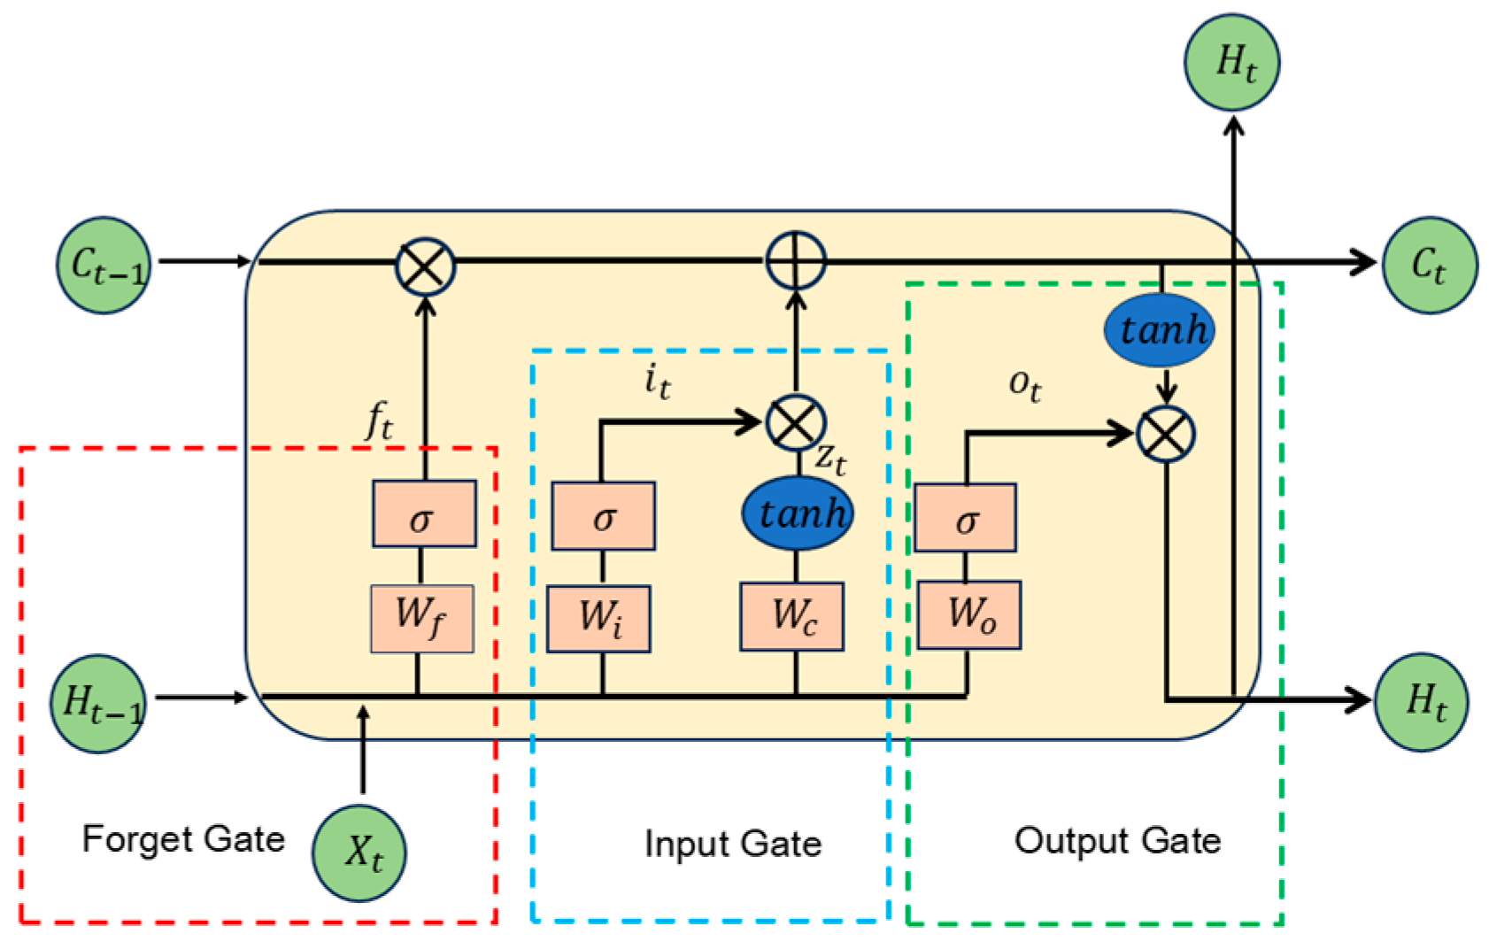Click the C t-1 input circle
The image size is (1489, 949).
(x=104, y=265)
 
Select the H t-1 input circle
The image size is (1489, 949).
(x=98, y=704)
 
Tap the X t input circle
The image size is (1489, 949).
(x=359, y=853)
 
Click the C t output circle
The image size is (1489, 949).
(x=1431, y=265)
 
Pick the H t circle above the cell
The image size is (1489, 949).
(x=1231, y=62)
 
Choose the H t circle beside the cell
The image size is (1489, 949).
(x=1422, y=702)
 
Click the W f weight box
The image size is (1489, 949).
(x=422, y=619)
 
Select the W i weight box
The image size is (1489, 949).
(x=599, y=619)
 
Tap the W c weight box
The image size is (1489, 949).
(x=792, y=617)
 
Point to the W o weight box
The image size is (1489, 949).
(x=970, y=615)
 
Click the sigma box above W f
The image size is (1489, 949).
(x=424, y=513)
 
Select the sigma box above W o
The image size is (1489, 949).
(x=965, y=518)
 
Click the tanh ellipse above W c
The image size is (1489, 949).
(x=798, y=513)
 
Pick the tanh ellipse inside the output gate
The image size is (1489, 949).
(x=1160, y=330)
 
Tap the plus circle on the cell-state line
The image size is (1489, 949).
(x=796, y=260)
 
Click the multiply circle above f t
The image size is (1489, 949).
(x=426, y=267)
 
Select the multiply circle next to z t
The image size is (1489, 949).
(x=796, y=422)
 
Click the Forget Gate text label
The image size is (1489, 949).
(x=183, y=839)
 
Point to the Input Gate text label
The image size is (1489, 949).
(x=733, y=845)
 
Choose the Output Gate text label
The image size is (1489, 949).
(x=1117, y=841)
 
